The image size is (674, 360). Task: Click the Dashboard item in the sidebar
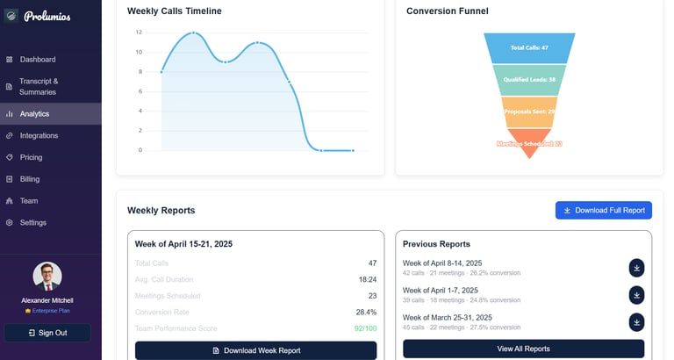point(38,60)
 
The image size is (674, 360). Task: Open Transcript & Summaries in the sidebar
point(39,86)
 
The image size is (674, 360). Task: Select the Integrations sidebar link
point(39,135)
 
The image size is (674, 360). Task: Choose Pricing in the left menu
point(31,157)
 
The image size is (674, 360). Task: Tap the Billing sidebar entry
point(30,179)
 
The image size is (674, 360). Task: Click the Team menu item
point(29,200)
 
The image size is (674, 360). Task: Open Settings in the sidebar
point(33,222)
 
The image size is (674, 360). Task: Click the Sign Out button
point(47,333)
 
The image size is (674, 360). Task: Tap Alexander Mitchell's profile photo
point(47,276)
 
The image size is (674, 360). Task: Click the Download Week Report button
point(255,350)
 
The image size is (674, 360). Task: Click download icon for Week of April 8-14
point(636,268)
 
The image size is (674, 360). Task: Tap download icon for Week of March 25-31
point(636,322)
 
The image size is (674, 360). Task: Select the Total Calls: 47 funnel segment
point(529,47)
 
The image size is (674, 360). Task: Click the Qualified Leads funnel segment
point(529,79)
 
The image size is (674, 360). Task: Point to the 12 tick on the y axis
point(139,32)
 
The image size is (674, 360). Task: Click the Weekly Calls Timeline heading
point(174,11)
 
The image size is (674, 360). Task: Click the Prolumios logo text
point(47,16)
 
